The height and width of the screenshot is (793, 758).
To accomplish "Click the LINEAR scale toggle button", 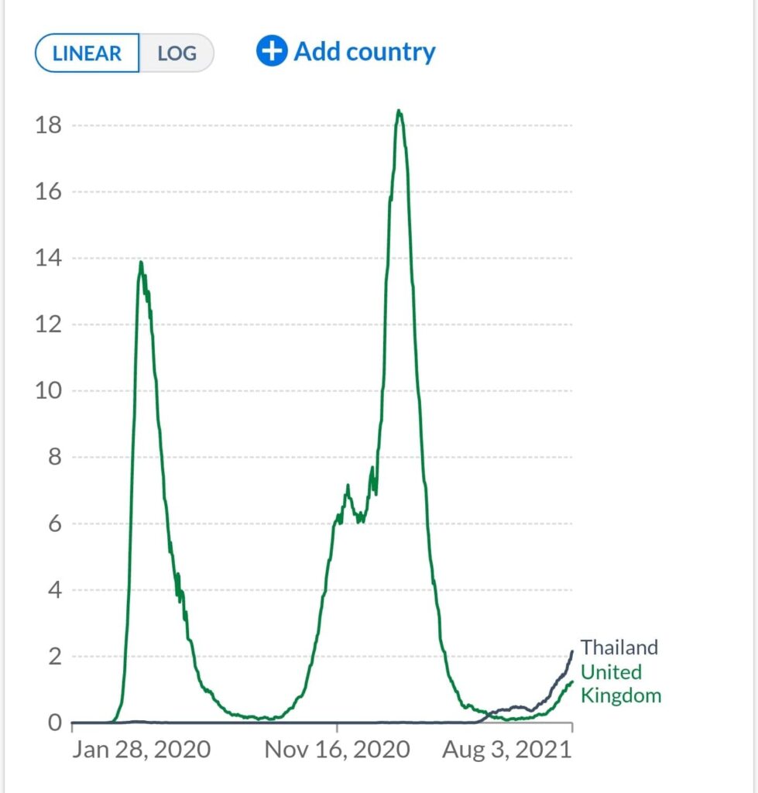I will coord(87,53).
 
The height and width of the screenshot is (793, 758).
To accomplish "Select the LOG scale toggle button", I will coord(177,53).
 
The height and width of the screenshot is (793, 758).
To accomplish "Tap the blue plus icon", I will coord(272,52).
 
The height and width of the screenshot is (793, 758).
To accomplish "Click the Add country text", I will coord(365,52).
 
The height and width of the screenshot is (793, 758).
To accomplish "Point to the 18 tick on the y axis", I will coord(49,125).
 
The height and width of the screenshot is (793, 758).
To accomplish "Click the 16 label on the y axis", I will coord(49,192).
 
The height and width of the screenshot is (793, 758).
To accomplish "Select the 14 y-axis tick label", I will coord(49,259).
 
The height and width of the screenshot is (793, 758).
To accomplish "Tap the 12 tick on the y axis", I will coord(49,324).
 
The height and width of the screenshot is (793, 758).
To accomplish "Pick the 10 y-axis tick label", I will coord(49,391).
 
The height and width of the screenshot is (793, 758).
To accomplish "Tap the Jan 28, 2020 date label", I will coord(141,750).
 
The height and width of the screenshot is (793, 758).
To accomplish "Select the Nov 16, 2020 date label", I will coord(337,750).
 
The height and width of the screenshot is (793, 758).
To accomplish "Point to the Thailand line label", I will coord(619,647).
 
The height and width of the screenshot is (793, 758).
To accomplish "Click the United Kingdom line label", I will coord(621,683).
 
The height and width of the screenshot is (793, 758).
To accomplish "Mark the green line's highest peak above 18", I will coord(399,112).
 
